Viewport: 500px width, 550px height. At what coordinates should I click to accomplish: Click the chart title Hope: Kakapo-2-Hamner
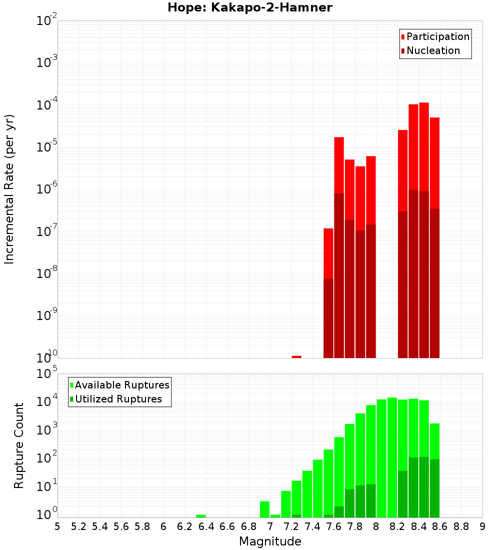click(x=249, y=7)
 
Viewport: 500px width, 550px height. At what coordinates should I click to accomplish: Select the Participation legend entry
click(x=437, y=36)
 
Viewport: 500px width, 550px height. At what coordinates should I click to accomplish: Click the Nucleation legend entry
click(x=432, y=50)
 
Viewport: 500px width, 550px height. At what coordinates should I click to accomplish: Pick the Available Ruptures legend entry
click(x=121, y=385)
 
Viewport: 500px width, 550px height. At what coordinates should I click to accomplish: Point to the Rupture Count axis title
click(x=19, y=445)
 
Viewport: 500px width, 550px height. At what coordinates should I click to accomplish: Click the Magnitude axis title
click(x=270, y=541)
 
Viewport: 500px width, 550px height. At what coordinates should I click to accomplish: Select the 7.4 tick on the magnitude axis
click(x=312, y=526)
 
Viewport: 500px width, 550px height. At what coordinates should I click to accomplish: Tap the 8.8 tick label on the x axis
click(x=461, y=526)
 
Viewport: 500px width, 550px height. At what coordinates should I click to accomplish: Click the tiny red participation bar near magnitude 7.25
click(x=296, y=356)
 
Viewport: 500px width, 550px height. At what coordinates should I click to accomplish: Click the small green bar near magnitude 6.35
click(x=201, y=516)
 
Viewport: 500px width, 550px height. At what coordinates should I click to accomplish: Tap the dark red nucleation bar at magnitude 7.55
click(x=328, y=318)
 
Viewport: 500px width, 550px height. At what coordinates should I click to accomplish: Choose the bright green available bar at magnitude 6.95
click(x=264, y=509)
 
